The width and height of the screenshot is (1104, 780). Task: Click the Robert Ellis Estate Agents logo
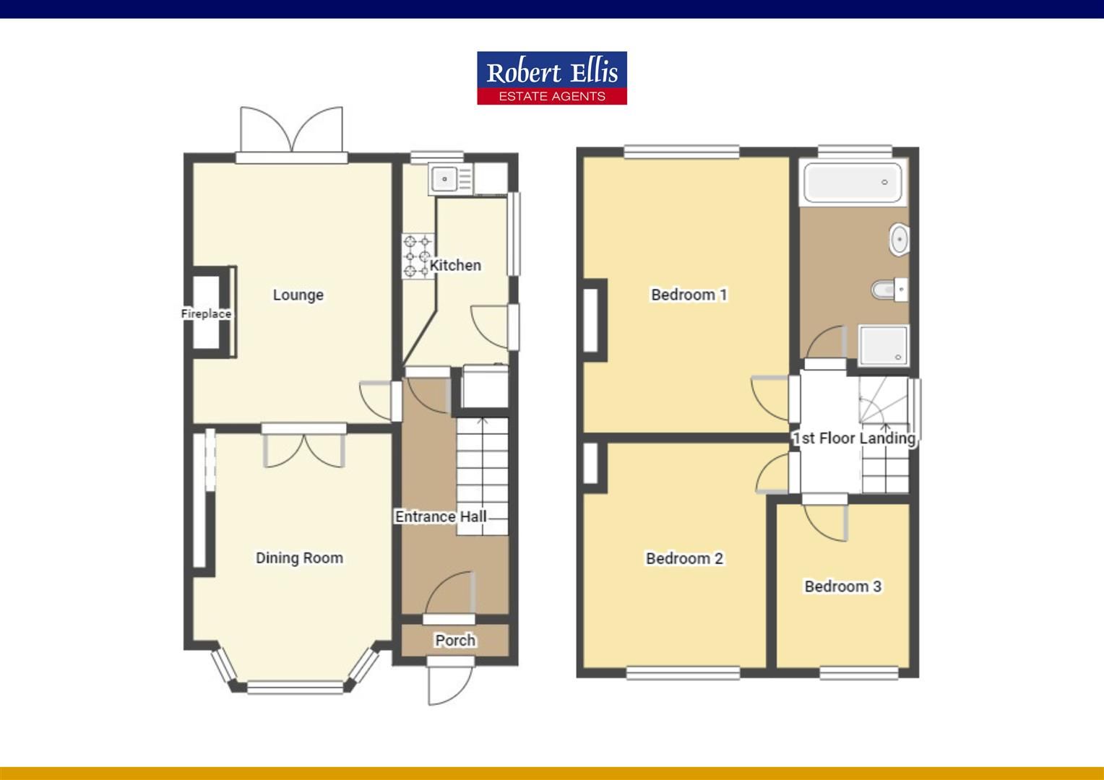pyautogui.click(x=551, y=78)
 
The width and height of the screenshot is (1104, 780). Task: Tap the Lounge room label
pyautogui.click(x=298, y=295)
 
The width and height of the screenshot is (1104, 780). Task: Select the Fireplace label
pyautogui.click(x=206, y=314)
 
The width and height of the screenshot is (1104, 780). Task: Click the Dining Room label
pyautogui.click(x=299, y=558)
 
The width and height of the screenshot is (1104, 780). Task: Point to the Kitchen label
pyautogui.click(x=455, y=265)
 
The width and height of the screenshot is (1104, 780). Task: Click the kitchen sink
pyautogui.click(x=451, y=178)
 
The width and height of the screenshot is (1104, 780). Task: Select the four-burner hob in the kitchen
pyautogui.click(x=418, y=256)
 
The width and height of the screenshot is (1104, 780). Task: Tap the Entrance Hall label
pyautogui.click(x=441, y=516)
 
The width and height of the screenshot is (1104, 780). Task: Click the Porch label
pyautogui.click(x=455, y=640)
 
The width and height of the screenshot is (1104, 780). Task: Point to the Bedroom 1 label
pyautogui.click(x=689, y=295)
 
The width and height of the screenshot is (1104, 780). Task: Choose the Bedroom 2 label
pyautogui.click(x=684, y=558)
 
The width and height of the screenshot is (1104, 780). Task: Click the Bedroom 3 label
pyautogui.click(x=842, y=586)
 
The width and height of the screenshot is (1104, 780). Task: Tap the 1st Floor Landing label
pyautogui.click(x=854, y=438)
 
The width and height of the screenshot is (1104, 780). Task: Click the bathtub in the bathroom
pyautogui.click(x=853, y=182)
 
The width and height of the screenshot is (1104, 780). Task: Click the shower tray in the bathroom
pyautogui.click(x=884, y=345)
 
